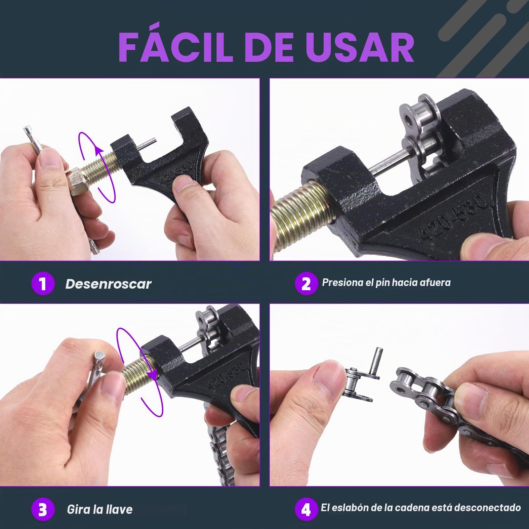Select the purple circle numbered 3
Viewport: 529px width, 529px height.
pos(43,509)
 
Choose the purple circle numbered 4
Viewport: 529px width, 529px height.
pos(306,509)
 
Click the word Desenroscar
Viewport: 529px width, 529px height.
pos(108,283)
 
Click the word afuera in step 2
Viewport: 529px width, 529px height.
pos(434,282)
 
